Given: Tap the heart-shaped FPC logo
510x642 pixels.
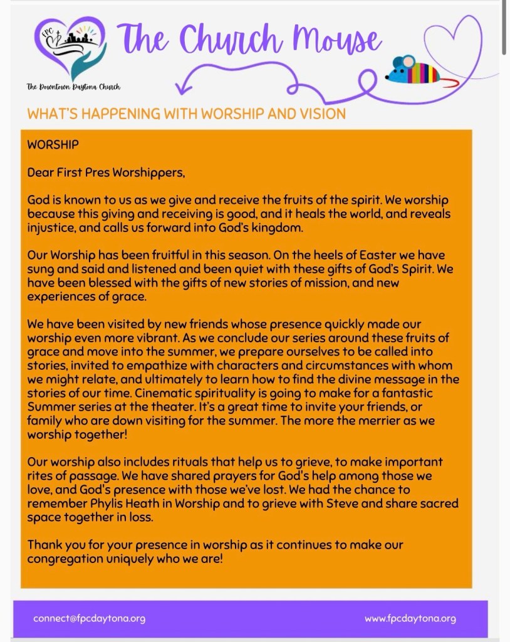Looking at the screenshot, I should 69,49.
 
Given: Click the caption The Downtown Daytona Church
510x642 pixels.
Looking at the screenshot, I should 73,87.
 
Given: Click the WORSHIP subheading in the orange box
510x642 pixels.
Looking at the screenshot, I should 53,144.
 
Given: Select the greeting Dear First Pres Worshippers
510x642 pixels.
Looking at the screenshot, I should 107,171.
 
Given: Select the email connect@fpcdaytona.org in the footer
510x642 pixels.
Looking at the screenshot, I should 89,618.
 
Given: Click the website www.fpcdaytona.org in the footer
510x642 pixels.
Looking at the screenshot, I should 410,618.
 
